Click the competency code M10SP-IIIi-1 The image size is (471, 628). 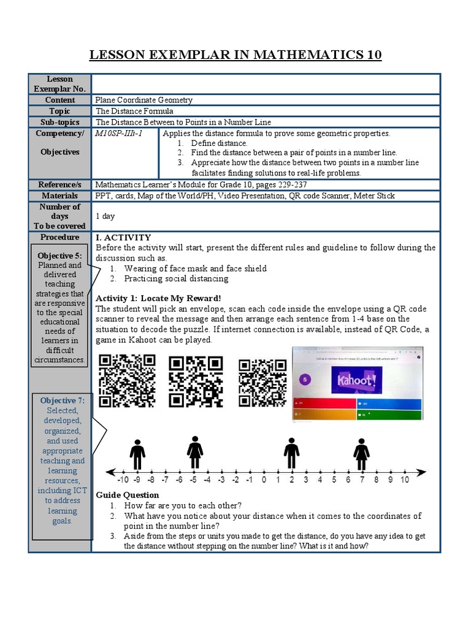coord(118,133)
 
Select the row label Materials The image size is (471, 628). coord(60,196)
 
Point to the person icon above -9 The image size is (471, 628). coord(137,454)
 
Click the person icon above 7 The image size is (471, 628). coord(361,454)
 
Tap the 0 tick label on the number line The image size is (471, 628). coord(264,480)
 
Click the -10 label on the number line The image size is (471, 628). coord(123,480)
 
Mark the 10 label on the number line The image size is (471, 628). coord(405,480)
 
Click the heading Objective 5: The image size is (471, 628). coord(59,256)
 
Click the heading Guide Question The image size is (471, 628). coord(128,495)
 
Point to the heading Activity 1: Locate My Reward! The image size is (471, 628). coord(158,298)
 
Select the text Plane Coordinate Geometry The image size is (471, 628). coord(144,100)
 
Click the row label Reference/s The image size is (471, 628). coord(60,185)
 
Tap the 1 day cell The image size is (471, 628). coord(105,216)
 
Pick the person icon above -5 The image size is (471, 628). coord(195,453)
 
